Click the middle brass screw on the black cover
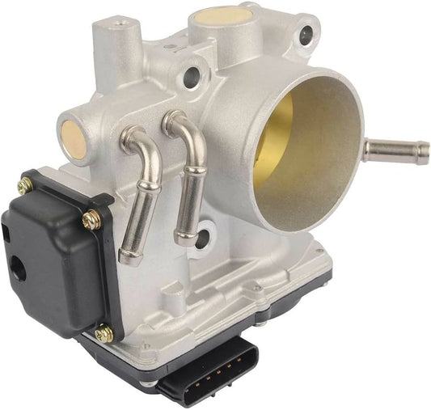click(91, 218)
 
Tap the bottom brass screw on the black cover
click(104, 331)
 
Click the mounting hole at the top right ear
click(306, 35)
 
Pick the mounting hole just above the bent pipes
click(192, 77)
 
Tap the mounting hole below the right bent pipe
click(201, 238)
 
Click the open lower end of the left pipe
click(127, 257)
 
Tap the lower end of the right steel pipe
click(185, 238)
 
